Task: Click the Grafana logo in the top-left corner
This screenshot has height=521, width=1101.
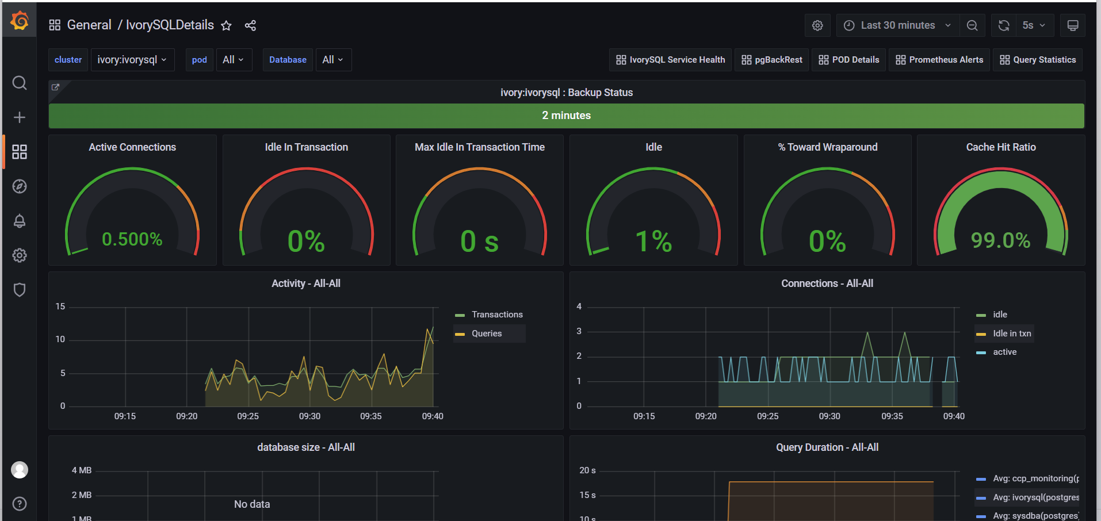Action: pyautogui.click(x=20, y=21)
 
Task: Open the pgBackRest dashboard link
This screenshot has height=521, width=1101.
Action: pyautogui.click(x=772, y=60)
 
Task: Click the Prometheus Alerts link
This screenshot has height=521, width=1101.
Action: pyautogui.click(x=939, y=60)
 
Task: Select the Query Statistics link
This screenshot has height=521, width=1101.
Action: pyautogui.click(x=1038, y=60)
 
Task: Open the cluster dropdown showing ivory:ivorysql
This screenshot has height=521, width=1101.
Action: pyautogui.click(x=132, y=60)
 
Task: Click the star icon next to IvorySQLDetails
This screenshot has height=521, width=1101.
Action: pyautogui.click(x=227, y=26)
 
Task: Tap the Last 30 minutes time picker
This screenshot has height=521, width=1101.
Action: pyautogui.click(x=897, y=25)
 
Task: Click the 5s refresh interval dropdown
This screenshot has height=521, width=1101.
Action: pyautogui.click(x=1034, y=25)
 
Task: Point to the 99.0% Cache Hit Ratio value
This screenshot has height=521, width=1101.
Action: pyautogui.click(x=1000, y=240)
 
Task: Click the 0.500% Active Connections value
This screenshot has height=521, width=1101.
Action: pyautogui.click(x=132, y=239)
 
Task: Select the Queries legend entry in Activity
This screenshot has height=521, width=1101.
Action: pyautogui.click(x=487, y=334)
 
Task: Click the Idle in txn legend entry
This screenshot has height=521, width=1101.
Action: pyautogui.click(x=1011, y=334)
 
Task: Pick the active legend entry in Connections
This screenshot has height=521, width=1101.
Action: pyautogui.click(x=1004, y=352)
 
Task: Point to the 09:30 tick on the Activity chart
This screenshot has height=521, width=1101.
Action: pyautogui.click(x=309, y=416)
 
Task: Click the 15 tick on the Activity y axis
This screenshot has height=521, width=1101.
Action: pyautogui.click(x=60, y=307)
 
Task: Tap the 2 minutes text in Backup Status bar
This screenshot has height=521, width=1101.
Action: pyautogui.click(x=566, y=116)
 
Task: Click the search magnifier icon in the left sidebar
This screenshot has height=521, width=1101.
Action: pyautogui.click(x=20, y=83)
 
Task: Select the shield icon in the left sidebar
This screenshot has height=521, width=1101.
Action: pyautogui.click(x=20, y=290)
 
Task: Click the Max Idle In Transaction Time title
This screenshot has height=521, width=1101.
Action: pyautogui.click(x=479, y=147)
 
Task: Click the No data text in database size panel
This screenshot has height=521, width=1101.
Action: pyautogui.click(x=252, y=504)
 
